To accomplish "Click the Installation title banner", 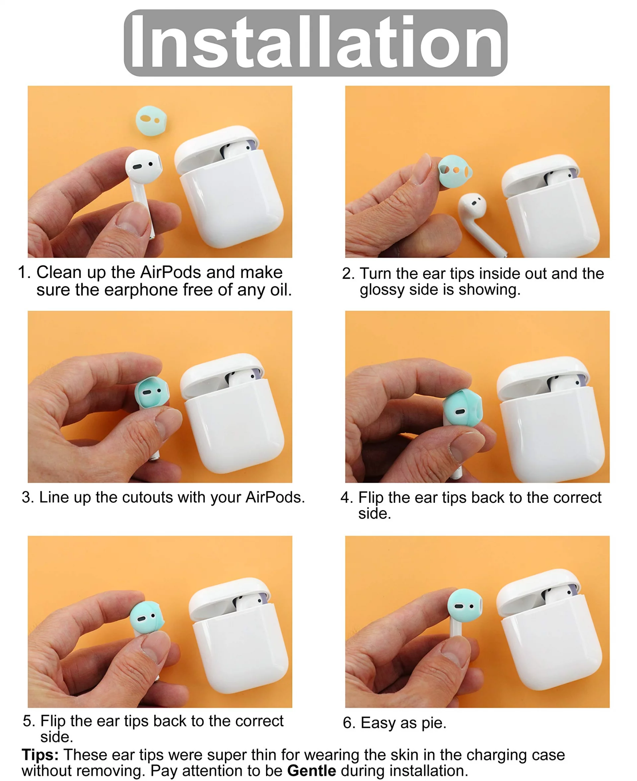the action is point(316,43).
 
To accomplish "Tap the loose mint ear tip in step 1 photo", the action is point(151,121).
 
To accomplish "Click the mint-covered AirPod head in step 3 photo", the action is point(152,392).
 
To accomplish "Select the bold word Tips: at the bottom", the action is point(40,754).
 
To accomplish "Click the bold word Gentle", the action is point(312,770).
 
